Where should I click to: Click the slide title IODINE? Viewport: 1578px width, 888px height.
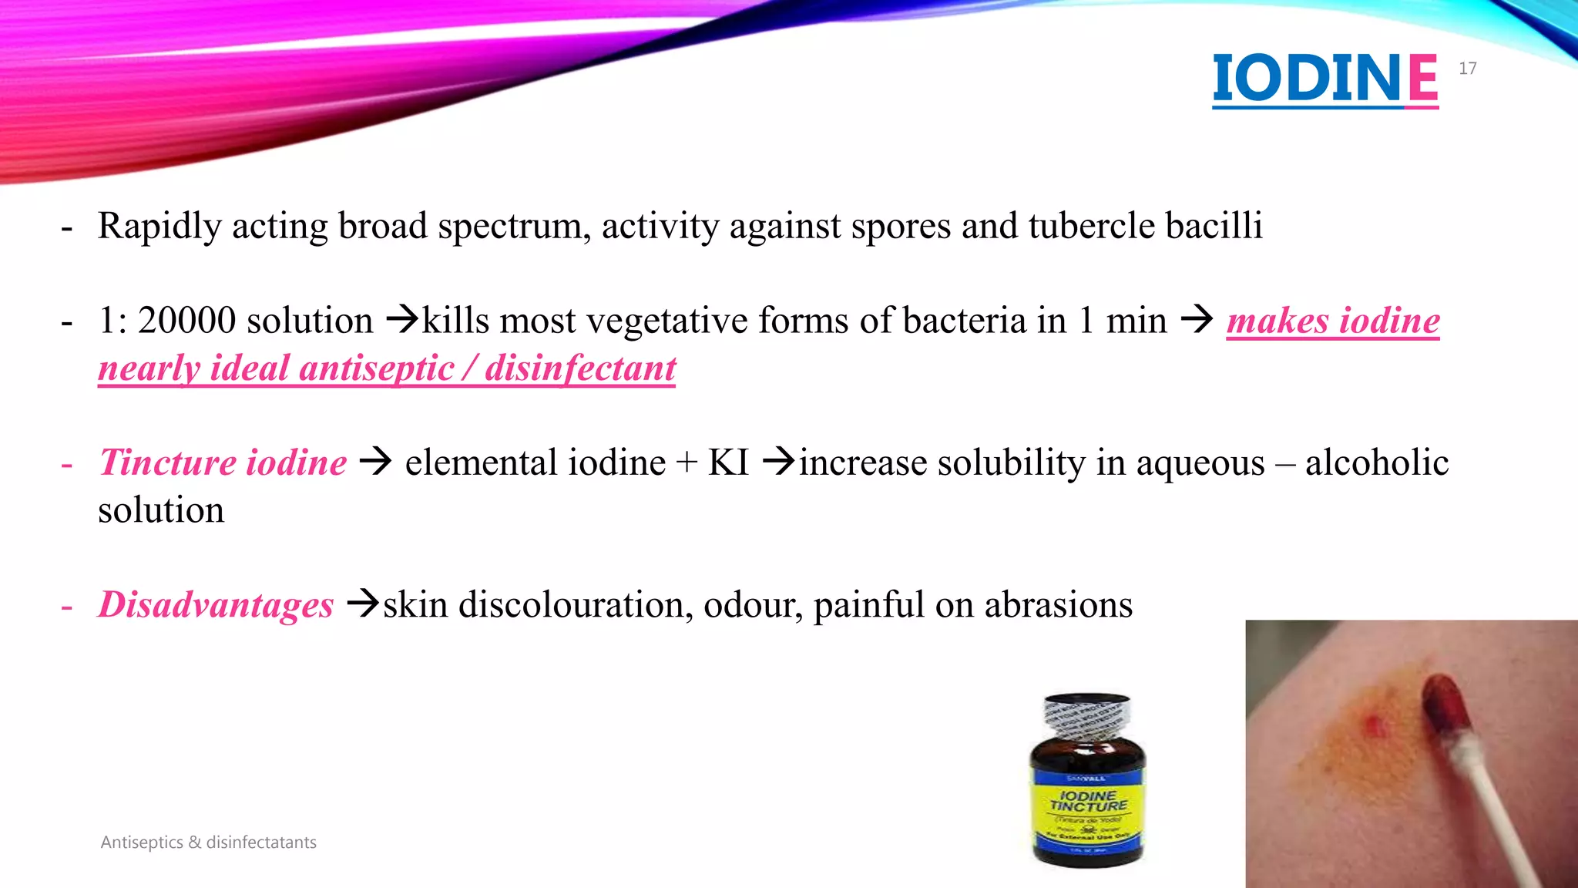tap(1325, 78)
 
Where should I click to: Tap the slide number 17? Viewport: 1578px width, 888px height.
tap(1467, 69)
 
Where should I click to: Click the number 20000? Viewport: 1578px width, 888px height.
tap(186, 321)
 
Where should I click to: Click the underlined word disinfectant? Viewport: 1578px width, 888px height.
tap(580, 368)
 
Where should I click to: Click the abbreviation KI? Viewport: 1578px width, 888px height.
tap(728, 462)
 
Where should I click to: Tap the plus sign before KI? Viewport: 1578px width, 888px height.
tap(686, 464)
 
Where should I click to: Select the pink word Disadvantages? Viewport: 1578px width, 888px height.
tap(216, 605)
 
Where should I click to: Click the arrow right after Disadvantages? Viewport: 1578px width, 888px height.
tap(363, 603)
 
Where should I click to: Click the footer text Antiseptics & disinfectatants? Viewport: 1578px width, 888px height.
tap(208, 843)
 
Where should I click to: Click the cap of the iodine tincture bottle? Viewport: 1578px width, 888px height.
tap(1087, 714)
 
